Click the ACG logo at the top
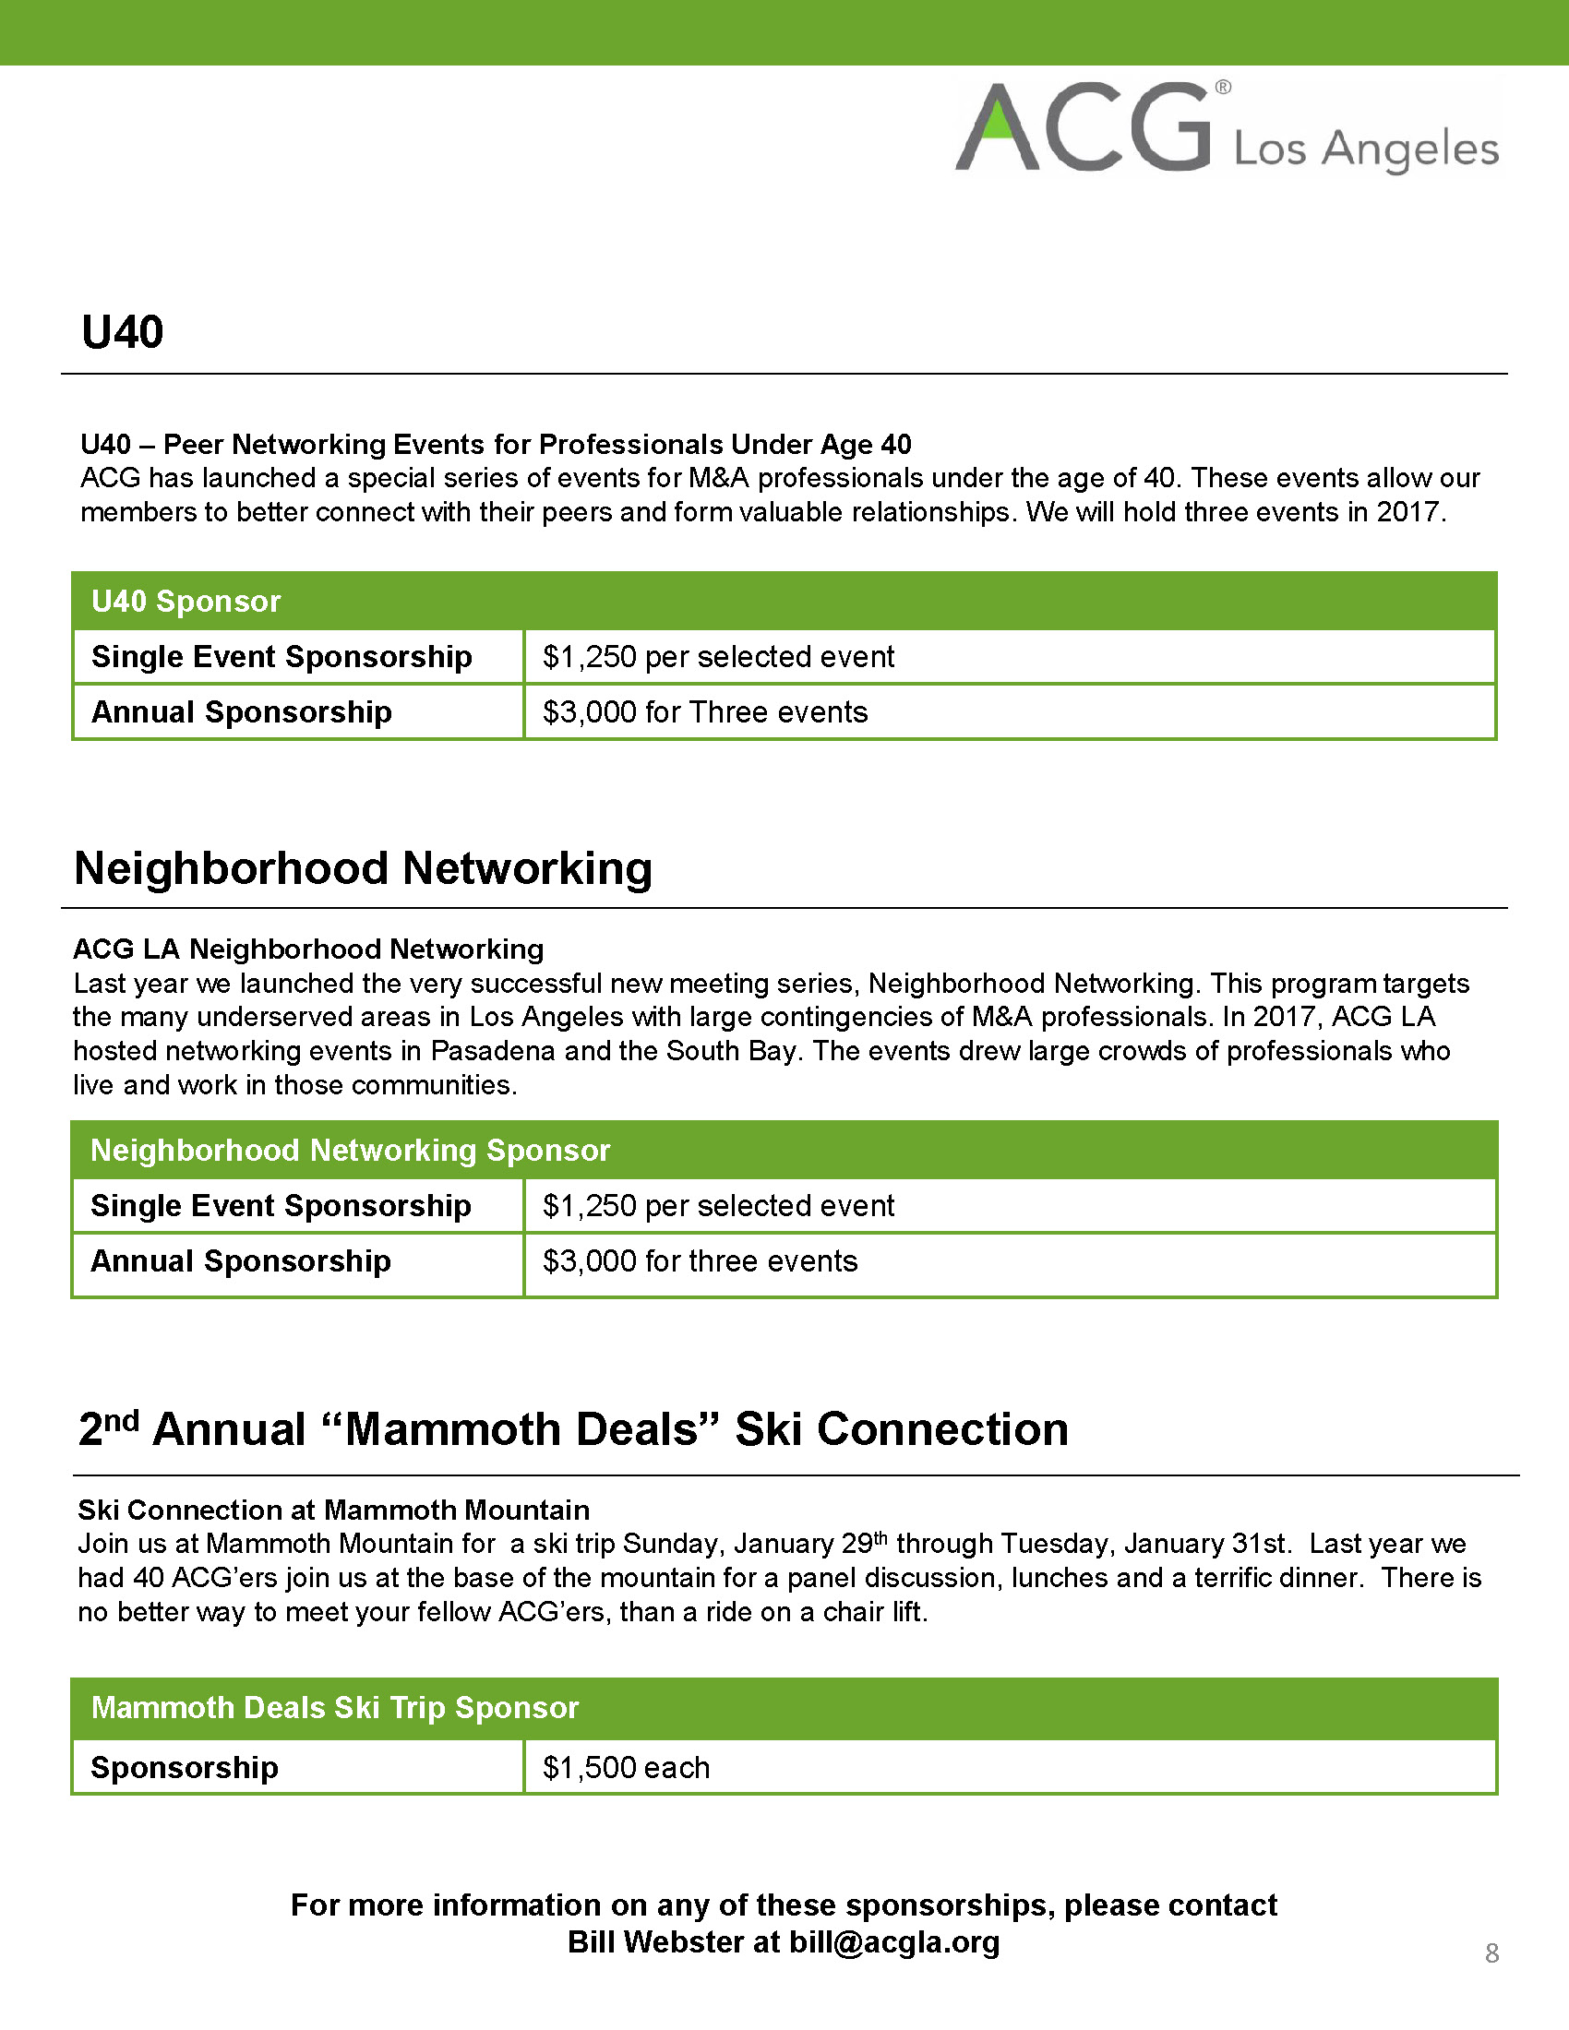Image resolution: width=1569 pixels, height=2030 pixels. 1084,128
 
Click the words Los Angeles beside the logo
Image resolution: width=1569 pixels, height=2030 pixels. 1365,149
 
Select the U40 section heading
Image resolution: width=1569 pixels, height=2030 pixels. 122,332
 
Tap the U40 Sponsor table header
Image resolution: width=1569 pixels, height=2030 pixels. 186,602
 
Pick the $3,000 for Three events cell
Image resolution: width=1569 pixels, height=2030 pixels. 704,712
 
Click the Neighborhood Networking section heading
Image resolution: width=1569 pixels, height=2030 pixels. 363,868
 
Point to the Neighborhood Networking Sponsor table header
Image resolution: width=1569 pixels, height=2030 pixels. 350,1150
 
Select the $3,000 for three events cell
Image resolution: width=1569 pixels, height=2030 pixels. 700,1261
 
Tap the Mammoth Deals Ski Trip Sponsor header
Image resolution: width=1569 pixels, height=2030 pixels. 335,1707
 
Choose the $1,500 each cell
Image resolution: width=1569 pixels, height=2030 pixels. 626,1767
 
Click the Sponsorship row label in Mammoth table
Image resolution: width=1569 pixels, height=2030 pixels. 184,1767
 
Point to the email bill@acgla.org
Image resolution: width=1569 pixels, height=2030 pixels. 894,1941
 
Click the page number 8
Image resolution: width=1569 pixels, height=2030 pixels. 1491,1952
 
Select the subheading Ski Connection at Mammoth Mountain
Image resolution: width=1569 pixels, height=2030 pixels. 334,1510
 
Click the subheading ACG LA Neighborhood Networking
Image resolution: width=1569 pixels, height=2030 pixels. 308,949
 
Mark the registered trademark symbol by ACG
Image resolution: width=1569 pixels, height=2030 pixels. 1223,88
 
